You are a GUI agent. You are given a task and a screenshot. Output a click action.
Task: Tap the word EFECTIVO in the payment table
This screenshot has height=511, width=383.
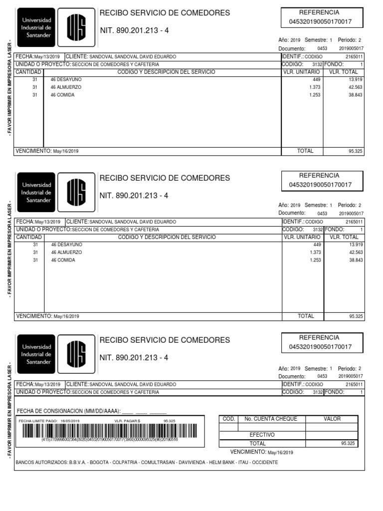tap(262, 435)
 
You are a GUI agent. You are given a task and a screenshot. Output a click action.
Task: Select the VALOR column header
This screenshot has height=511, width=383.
tap(332, 419)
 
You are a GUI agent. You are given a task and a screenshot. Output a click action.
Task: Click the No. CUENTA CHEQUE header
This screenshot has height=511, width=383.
tap(271, 419)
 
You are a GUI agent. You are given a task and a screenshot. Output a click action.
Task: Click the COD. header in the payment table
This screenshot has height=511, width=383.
tap(228, 419)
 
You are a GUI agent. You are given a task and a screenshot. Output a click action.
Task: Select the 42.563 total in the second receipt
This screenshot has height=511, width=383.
tap(356, 253)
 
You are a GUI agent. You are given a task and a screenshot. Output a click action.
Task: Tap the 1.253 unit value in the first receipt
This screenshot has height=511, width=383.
tap(315, 95)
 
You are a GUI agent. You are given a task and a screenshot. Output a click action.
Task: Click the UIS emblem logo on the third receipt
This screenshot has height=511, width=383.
tap(76, 354)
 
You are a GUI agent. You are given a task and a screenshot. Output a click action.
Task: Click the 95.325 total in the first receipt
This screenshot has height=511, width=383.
tap(356, 151)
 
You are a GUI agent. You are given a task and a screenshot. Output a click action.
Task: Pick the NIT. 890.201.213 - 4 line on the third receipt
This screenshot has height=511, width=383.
tap(134, 358)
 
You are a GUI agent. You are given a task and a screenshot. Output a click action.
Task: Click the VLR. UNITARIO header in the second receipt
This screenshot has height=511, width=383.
tap(302, 237)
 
